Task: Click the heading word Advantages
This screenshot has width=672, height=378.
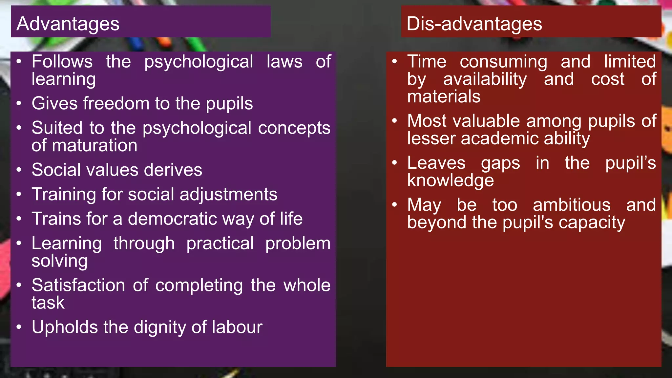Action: click(68, 24)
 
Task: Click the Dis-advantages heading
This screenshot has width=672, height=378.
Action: click(474, 24)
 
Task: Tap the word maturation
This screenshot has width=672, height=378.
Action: click(94, 145)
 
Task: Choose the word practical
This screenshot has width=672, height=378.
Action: click(220, 243)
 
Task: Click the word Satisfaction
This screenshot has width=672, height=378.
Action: click(78, 285)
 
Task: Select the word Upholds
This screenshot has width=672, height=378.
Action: click(65, 327)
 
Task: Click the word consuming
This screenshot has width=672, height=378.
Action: click(503, 62)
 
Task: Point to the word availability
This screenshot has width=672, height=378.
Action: click(485, 79)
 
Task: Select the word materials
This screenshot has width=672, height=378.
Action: click(444, 97)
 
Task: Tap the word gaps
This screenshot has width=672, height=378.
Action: click(500, 163)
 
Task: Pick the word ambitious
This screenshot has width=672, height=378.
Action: click(572, 205)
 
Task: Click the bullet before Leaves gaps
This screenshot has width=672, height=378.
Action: click(395, 163)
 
